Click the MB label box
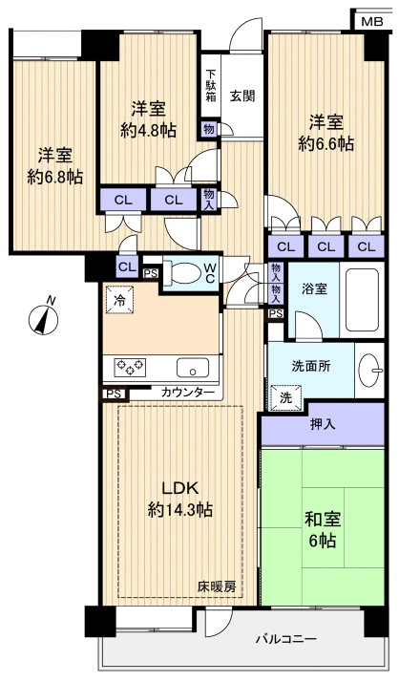tap(369, 19)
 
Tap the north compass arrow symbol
tap(44, 316)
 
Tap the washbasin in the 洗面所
tap(373, 368)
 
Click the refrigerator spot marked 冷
tap(120, 299)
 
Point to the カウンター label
tap(187, 392)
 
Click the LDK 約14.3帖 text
tap(179, 500)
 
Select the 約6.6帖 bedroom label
tap(325, 133)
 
